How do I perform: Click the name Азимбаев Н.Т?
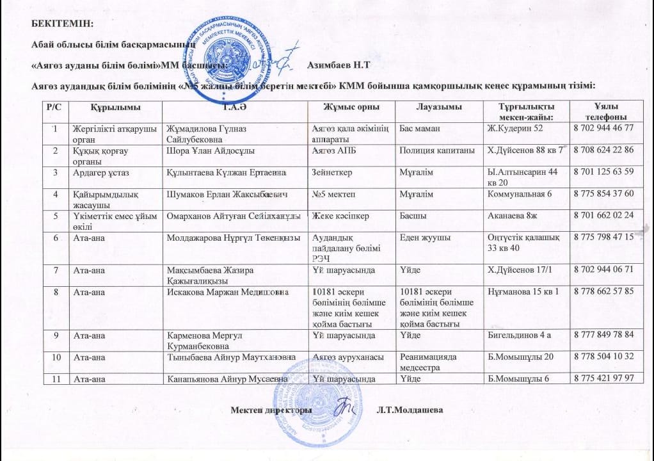(339, 65)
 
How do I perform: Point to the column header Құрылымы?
(116, 106)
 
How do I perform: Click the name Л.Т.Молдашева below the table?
(410, 409)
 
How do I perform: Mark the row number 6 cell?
(56, 238)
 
